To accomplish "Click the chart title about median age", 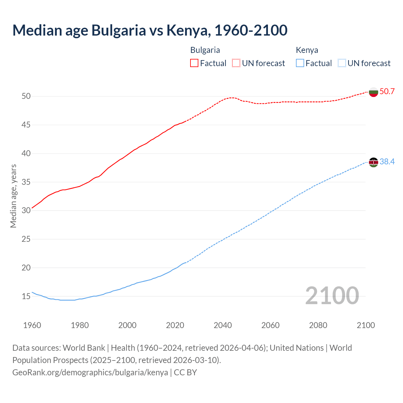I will (x=150, y=30).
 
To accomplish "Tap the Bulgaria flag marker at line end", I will (x=373, y=92).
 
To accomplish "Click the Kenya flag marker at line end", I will (x=373, y=162).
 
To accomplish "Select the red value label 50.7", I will (x=387, y=92).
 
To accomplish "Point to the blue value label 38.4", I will (x=387, y=162).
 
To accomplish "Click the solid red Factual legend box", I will (x=194, y=63).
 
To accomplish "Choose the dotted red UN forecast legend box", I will (x=236, y=63).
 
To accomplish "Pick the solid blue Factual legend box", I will (x=300, y=63).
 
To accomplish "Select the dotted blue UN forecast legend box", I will (x=342, y=63).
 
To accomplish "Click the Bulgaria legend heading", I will (x=205, y=50).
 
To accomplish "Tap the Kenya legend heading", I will (x=307, y=50).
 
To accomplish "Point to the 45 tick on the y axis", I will (x=26, y=125).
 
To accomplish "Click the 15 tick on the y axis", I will (x=26, y=296).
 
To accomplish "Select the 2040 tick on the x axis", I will (x=223, y=325).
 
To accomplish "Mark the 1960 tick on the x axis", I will (x=32, y=325).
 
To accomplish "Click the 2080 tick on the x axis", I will (x=318, y=325).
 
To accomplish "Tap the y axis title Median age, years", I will (x=13, y=196).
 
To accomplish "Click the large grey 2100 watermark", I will (x=332, y=295).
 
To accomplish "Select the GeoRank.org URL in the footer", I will (x=90, y=372).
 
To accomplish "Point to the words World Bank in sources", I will (x=84, y=348).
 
